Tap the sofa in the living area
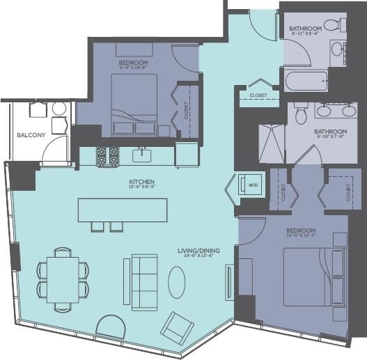pyautogui.click(x=143, y=281)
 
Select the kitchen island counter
pyautogui.click(x=123, y=210)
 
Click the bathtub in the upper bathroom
pyautogui.click(x=306, y=79)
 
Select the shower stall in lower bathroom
pyautogui.click(x=272, y=143)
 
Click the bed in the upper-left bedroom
pyautogui.click(x=134, y=104)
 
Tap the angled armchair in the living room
pyautogui.click(x=178, y=324)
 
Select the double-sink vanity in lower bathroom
pyautogui.click(x=334, y=111)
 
